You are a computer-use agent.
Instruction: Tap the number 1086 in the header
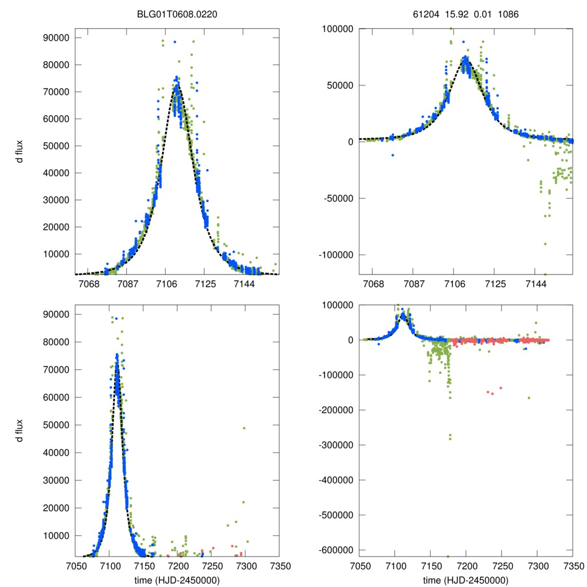[x=508, y=14]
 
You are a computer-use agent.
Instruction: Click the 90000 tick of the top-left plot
[x=57, y=38]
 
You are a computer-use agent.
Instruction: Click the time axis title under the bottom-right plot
[x=465, y=580]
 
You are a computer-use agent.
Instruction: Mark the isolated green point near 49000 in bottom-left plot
[x=244, y=428]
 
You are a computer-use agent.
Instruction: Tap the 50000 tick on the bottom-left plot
[x=57, y=425]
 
